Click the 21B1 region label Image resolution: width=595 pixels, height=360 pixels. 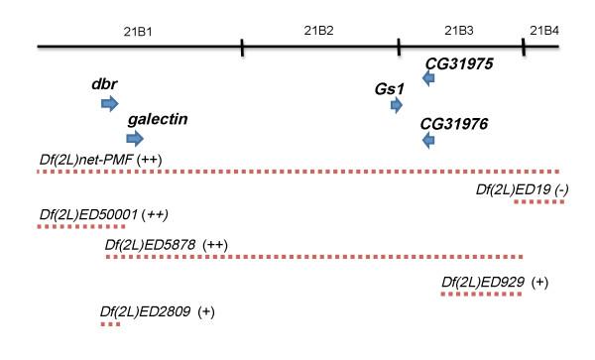point(137,30)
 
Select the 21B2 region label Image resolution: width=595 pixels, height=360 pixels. point(319,30)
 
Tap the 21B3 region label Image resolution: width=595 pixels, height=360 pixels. point(458,30)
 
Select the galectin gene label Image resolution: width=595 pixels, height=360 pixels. point(158,119)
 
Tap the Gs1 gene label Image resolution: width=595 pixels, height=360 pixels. point(390,88)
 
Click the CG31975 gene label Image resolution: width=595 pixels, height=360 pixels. point(459,63)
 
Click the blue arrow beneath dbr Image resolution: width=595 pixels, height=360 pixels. point(110,103)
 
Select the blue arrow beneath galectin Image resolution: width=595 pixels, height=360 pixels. point(135,137)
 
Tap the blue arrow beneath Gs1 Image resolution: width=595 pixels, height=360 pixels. point(397,105)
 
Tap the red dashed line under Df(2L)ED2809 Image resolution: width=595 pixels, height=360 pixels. point(109,323)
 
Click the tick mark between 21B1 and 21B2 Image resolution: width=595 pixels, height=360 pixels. point(242,47)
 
